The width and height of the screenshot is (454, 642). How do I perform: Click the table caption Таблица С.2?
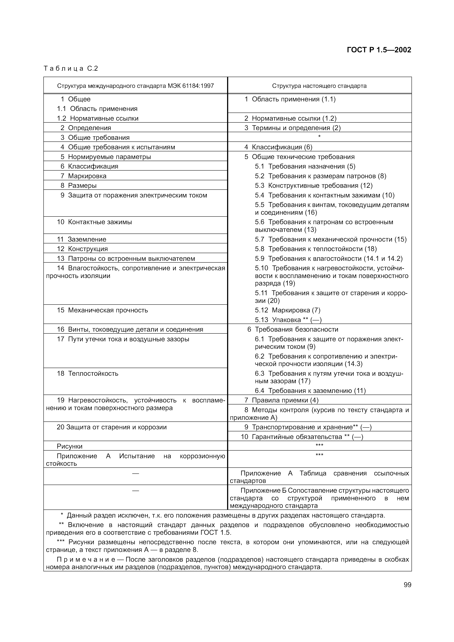[71, 68]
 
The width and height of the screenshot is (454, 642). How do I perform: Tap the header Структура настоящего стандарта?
[319, 86]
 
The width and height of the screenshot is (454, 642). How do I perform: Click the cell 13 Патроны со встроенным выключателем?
[126, 258]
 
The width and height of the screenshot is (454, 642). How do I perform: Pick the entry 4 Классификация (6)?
[278, 147]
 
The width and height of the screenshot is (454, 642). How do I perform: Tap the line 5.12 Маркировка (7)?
[288, 310]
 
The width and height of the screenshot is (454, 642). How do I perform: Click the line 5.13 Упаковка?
[288, 320]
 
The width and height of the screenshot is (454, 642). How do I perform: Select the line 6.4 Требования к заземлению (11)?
[310, 391]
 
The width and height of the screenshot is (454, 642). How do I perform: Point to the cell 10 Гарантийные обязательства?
[302, 437]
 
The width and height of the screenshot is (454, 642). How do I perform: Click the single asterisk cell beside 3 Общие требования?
[319, 137]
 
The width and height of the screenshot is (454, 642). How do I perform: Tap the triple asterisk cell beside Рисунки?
[319, 445]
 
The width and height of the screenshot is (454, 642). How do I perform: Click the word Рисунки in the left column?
[70, 446]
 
